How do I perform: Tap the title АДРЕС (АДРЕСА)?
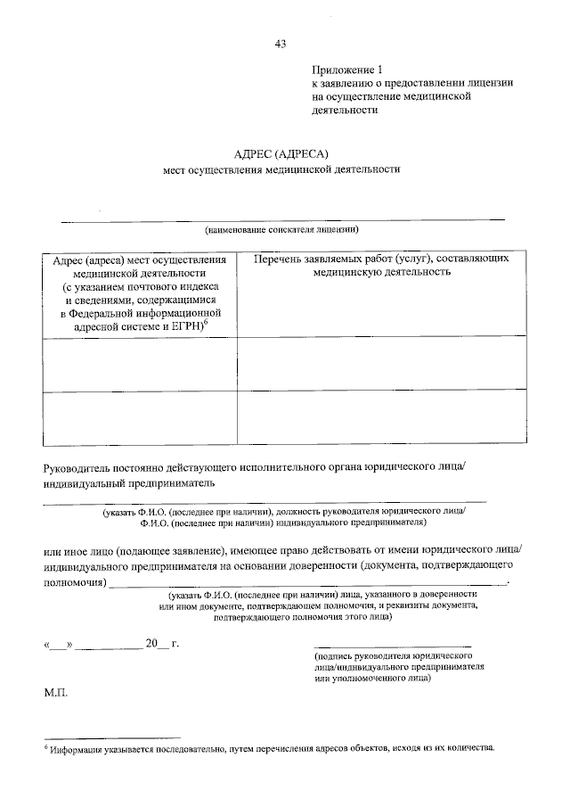tap(281, 153)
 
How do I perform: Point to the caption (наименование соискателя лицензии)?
tap(281, 228)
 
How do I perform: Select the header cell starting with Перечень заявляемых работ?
tap(380, 265)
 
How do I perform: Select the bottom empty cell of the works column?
tap(380, 417)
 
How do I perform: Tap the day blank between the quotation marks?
tap(58, 644)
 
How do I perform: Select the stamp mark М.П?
tap(55, 691)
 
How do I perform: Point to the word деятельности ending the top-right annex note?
tap(346, 111)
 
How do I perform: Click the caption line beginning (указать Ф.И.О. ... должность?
tap(283, 511)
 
